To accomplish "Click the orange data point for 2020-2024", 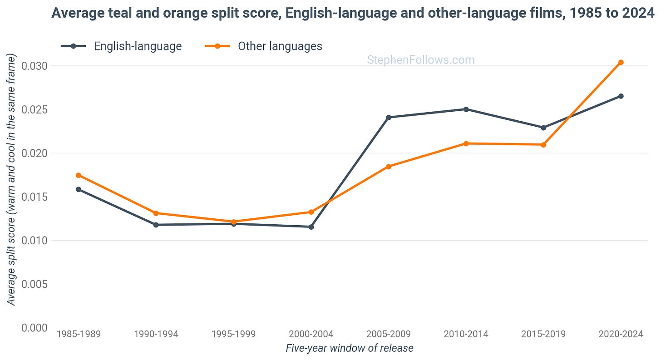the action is tap(621, 62).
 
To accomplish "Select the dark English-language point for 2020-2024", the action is tap(621, 96).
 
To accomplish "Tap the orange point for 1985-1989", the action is tap(79, 175).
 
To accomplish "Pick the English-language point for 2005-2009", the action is tap(389, 118).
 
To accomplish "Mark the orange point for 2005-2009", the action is tap(389, 167).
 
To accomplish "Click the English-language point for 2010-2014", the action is tap(466, 109).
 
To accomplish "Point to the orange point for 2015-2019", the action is tap(543, 144).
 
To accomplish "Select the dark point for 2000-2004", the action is tap(311, 227).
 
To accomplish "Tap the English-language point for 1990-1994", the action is tap(156, 225).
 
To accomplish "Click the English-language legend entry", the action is tap(121, 46).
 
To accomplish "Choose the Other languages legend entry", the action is tap(263, 46).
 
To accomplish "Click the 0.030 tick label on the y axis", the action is tap(35, 66).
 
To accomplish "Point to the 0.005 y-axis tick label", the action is tap(35, 284).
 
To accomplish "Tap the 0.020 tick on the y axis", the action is tap(35, 153).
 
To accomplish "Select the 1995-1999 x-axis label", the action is tap(234, 334).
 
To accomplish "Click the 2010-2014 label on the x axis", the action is tap(466, 334).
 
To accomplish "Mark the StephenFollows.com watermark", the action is tap(421, 60).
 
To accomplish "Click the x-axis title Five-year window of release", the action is tap(350, 348).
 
